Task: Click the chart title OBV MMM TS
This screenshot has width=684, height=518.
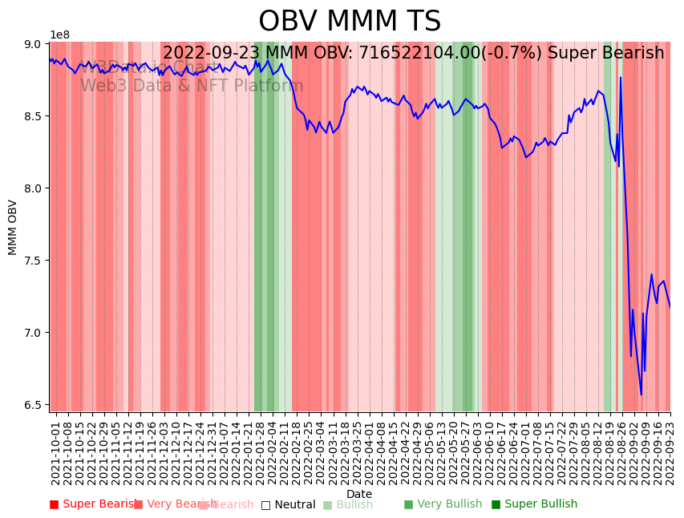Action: pyautogui.click(x=350, y=22)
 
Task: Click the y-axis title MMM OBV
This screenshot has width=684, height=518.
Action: pyautogui.click(x=13, y=227)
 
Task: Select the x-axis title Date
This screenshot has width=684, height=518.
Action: pyautogui.click(x=359, y=494)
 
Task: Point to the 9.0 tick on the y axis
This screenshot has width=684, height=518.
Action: pyautogui.click(x=34, y=44)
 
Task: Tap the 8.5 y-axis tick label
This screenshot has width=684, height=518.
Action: pyautogui.click(x=34, y=116)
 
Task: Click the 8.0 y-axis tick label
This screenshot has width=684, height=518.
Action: pyautogui.click(x=34, y=188)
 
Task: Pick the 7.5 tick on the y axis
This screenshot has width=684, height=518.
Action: pyautogui.click(x=34, y=261)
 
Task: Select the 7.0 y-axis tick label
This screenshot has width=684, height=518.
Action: pyautogui.click(x=34, y=333)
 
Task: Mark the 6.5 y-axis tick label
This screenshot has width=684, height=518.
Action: pyautogui.click(x=34, y=405)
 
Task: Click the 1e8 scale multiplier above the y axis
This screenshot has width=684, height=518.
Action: pyautogui.click(x=59, y=35)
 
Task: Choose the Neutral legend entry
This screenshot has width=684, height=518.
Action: pyautogui.click(x=288, y=504)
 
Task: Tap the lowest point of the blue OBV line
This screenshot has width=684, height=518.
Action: pyautogui.click(x=641, y=395)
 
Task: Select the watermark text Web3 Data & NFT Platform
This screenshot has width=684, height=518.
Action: pyautogui.click(x=192, y=86)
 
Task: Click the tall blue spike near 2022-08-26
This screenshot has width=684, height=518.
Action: pyautogui.click(x=621, y=79)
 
